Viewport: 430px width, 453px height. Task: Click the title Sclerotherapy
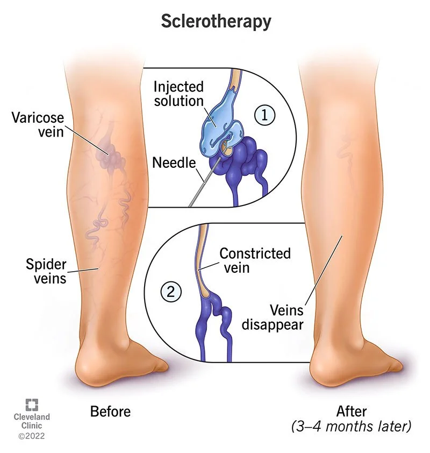pos(216,22)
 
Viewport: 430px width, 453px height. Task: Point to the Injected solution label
pos(178,94)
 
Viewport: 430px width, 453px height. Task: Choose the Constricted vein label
pos(255,259)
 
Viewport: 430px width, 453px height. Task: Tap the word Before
pos(110,412)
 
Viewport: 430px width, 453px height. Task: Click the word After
pos(352,412)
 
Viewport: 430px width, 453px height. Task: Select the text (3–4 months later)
pos(352,427)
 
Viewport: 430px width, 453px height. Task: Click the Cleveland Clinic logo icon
pos(31,405)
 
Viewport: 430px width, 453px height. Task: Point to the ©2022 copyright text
pos(31,435)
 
